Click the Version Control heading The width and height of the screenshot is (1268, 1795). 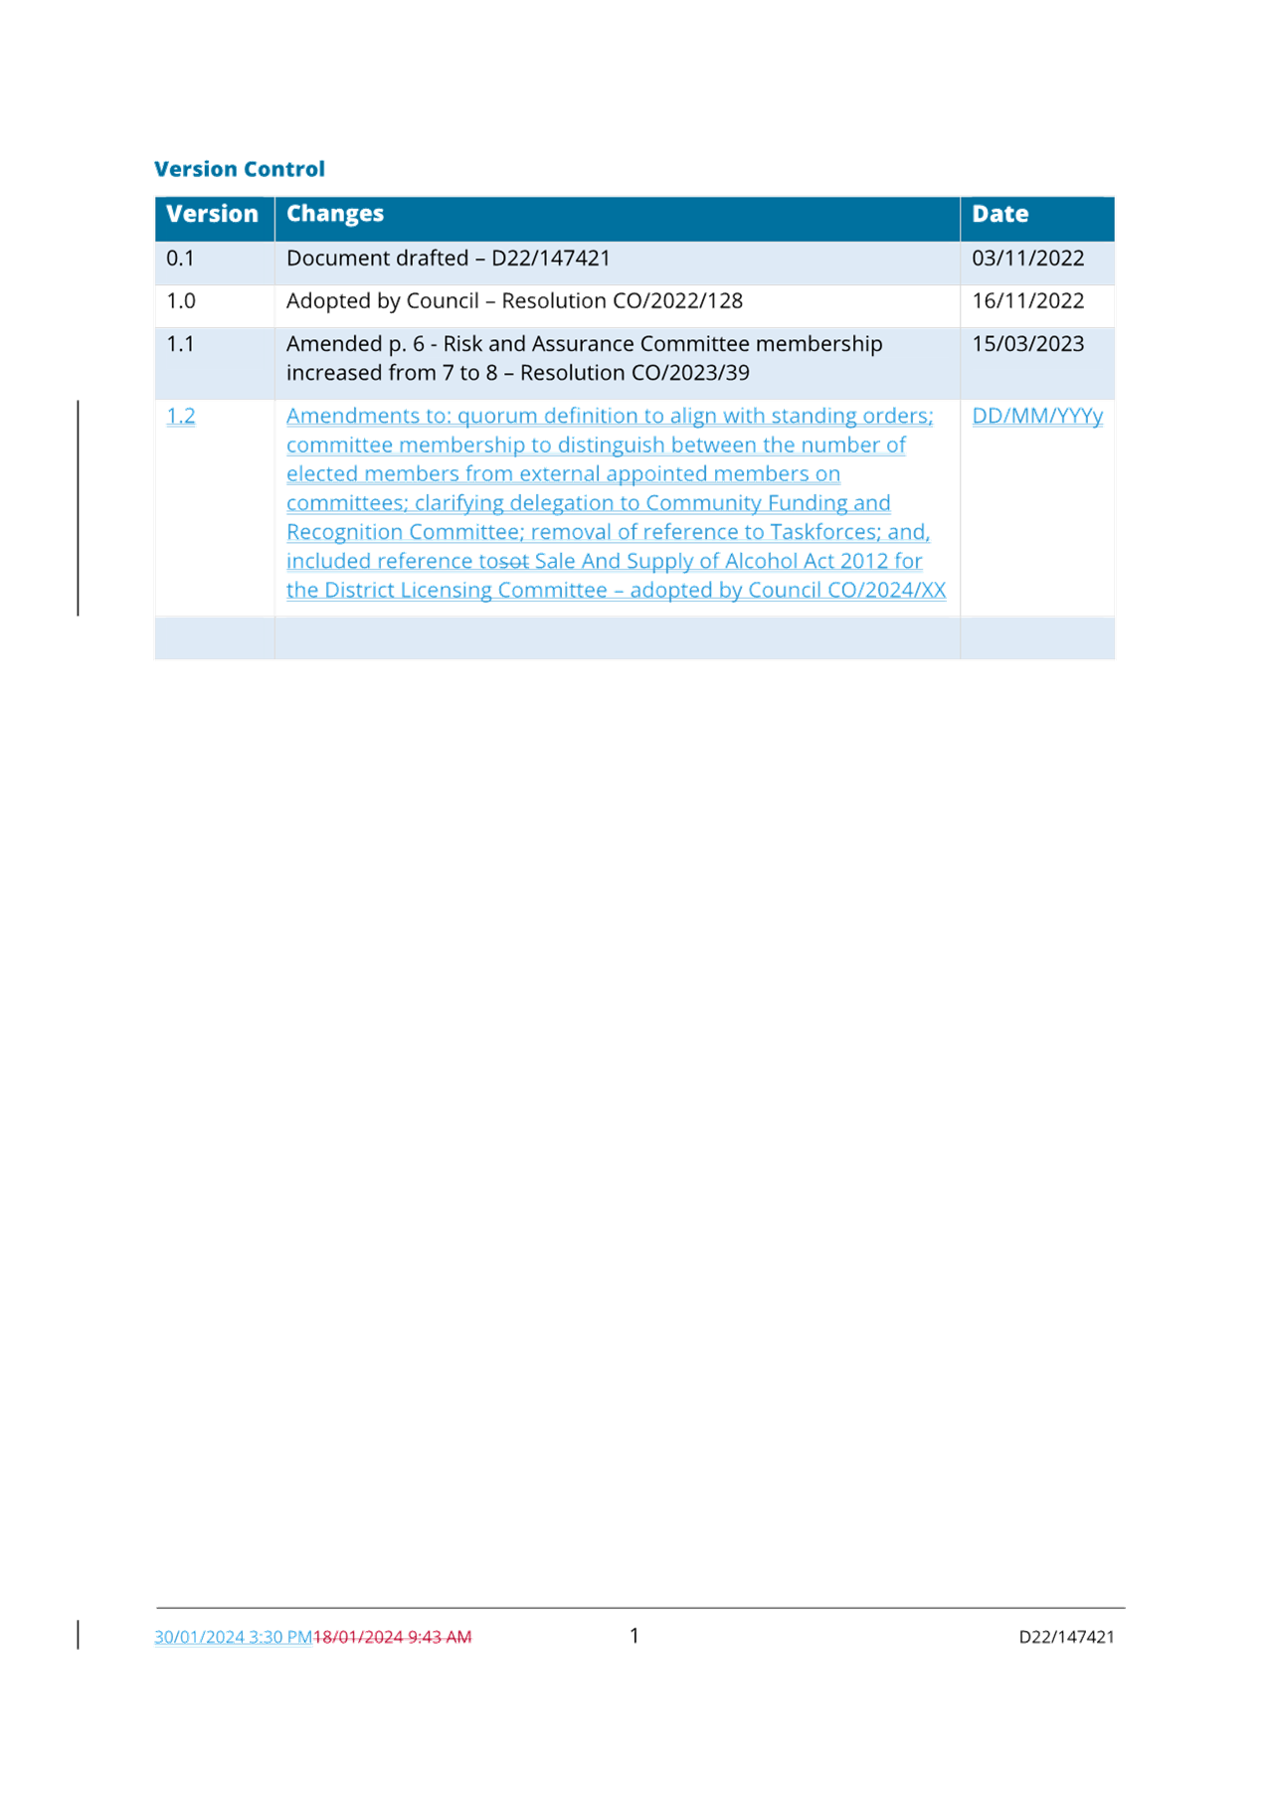click(x=240, y=169)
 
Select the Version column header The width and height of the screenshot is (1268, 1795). click(x=212, y=214)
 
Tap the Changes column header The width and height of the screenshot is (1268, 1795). click(x=335, y=214)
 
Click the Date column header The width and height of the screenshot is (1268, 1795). click(x=999, y=214)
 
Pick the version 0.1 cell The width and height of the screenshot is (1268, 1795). click(x=180, y=259)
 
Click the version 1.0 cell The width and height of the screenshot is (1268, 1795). click(x=180, y=301)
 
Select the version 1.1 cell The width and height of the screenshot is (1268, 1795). click(x=180, y=344)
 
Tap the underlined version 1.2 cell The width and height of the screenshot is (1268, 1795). click(x=180, y=416)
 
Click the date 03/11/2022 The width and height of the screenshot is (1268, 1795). click(x=1027, y=259)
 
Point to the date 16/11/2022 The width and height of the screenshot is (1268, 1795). click(x=1027, y=301)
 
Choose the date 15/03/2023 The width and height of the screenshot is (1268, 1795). click(x=1027, y=344)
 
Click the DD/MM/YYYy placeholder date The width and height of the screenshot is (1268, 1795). click(x=1037, y=416)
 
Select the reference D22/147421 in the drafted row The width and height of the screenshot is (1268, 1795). click(x=551, y=259)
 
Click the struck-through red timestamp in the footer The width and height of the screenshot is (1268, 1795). click(x=392, y=1637)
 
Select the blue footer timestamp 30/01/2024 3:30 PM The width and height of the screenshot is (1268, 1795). click(x=233, y=1637)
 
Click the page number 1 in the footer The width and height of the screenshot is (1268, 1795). click(x=634, y=1636)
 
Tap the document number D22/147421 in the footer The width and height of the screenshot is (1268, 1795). click(x=1066, y=1637)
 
